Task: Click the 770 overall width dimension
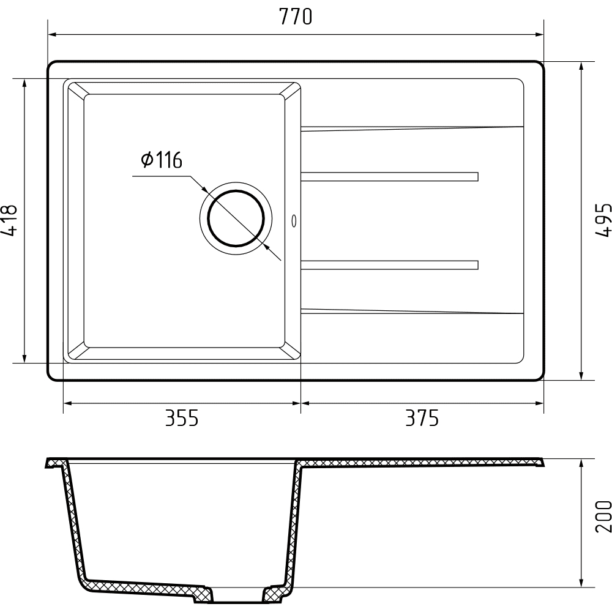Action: pyautogui.click(x=296, y=17)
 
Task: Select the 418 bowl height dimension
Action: pyautogui.click(x=9, y=221)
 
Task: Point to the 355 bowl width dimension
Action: pyautogui.click(x=182, y=417)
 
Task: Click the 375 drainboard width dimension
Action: pyautogui.click(x=422, y=417)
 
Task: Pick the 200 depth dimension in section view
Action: pyautogui.click(x=603, y=517)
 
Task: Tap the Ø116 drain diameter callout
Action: pyautogui.click(x=162, y=160)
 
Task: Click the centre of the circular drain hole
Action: pyautogui.click(x=236, y=218)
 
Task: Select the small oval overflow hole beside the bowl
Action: pyautogui.click(x=294, y=221)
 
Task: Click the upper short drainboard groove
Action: pyautogui.click(x=389, y=177)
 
